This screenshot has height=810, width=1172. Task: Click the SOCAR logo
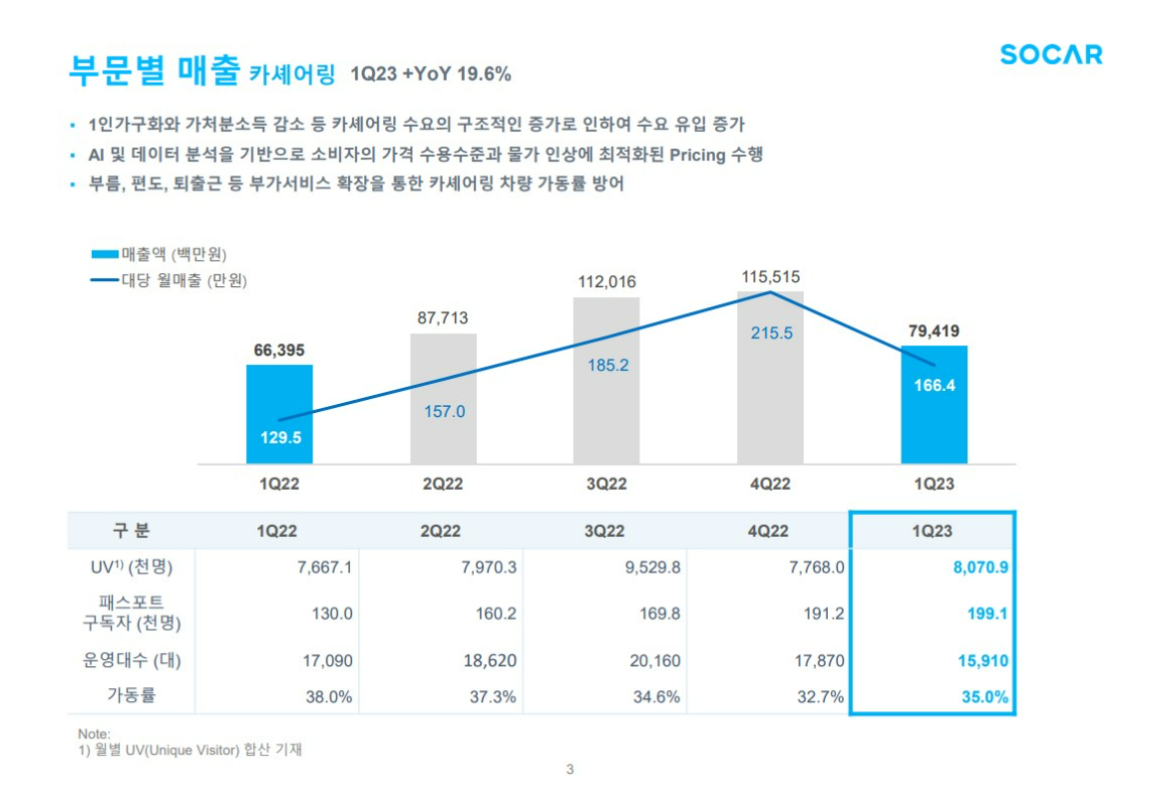point(1051,55)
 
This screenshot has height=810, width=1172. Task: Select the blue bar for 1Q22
point(279,413)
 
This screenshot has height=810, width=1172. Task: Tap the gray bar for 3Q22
point(606,379)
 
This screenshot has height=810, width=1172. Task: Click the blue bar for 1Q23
point(934,404)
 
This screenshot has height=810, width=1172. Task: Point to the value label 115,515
point(771,276)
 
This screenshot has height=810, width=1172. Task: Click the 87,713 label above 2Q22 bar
point(443,318)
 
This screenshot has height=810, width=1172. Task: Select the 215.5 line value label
point(771,333)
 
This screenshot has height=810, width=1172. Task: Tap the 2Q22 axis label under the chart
point(443,484)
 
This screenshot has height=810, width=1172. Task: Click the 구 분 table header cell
point(132,531)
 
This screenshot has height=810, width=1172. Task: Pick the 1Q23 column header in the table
point(933,531)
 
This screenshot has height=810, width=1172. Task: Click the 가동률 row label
point(132,696)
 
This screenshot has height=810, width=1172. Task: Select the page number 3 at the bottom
point(570,769)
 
